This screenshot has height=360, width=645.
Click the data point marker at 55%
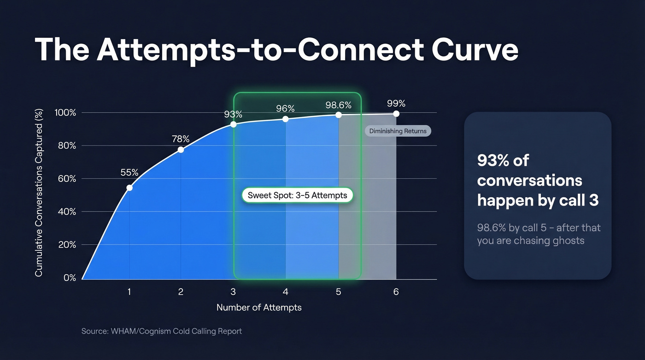[129, 188]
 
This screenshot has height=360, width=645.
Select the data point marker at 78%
[181, 150]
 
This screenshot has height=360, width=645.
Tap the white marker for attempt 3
[233, 124]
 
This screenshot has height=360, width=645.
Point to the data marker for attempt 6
[396, 114]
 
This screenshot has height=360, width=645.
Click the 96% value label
[285, 108]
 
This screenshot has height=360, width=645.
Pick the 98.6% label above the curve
[338, 105]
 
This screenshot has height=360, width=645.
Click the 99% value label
[396, 103]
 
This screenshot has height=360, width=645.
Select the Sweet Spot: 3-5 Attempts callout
[297, 195]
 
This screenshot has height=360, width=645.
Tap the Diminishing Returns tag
[398, 131]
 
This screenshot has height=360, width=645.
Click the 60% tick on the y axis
[65, 179]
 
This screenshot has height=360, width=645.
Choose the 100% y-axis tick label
[65, 113]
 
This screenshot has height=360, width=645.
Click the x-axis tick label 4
[285, 292]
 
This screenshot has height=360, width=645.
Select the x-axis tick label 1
[129, 292]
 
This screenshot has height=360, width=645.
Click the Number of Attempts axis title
[259, 307]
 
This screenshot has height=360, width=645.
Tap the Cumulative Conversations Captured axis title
[39, 193]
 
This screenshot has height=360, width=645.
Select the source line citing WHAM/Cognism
[162, 331]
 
